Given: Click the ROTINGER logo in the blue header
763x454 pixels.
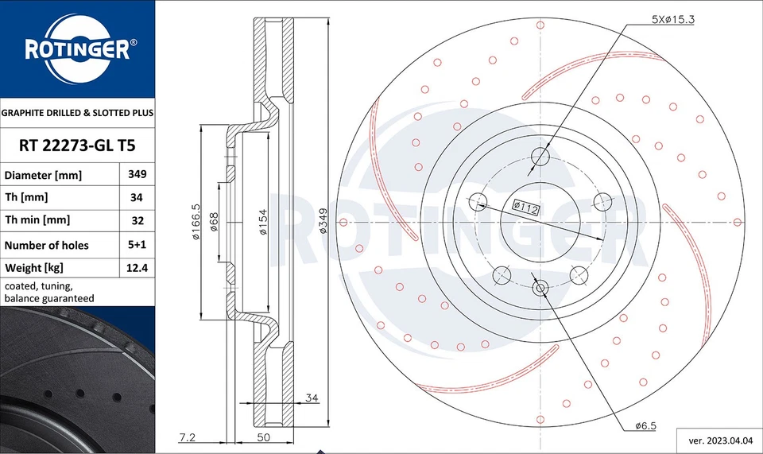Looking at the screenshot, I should pyautogui.click(x=76, y=50).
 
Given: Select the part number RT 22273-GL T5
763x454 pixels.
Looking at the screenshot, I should pyautogui.click(x=77, y=146).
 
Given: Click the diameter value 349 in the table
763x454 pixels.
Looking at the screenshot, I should pyautogui.click(x=137, y=174).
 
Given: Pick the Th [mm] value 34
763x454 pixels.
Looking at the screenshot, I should pyautogui.click(x=137, y=197).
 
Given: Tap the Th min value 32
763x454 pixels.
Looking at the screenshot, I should pyautogui.click(x=137, y=220).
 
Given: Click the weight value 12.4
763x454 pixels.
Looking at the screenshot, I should pyautogui.click(x=137, y=269).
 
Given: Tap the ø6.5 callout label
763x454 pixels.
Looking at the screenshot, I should pyautogui.click(x=645, y=426).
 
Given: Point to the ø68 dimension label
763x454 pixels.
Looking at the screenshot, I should pyautogui.click(x=214, y=222).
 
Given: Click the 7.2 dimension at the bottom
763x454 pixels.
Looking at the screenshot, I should pyautogui.click(x=188, y=437).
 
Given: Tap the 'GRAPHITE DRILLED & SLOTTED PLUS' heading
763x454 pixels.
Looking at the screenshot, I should pyautogui.click(x=77, y=114).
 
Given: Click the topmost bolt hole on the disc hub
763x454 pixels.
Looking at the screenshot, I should pyautogui.click(x=540, y=155).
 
